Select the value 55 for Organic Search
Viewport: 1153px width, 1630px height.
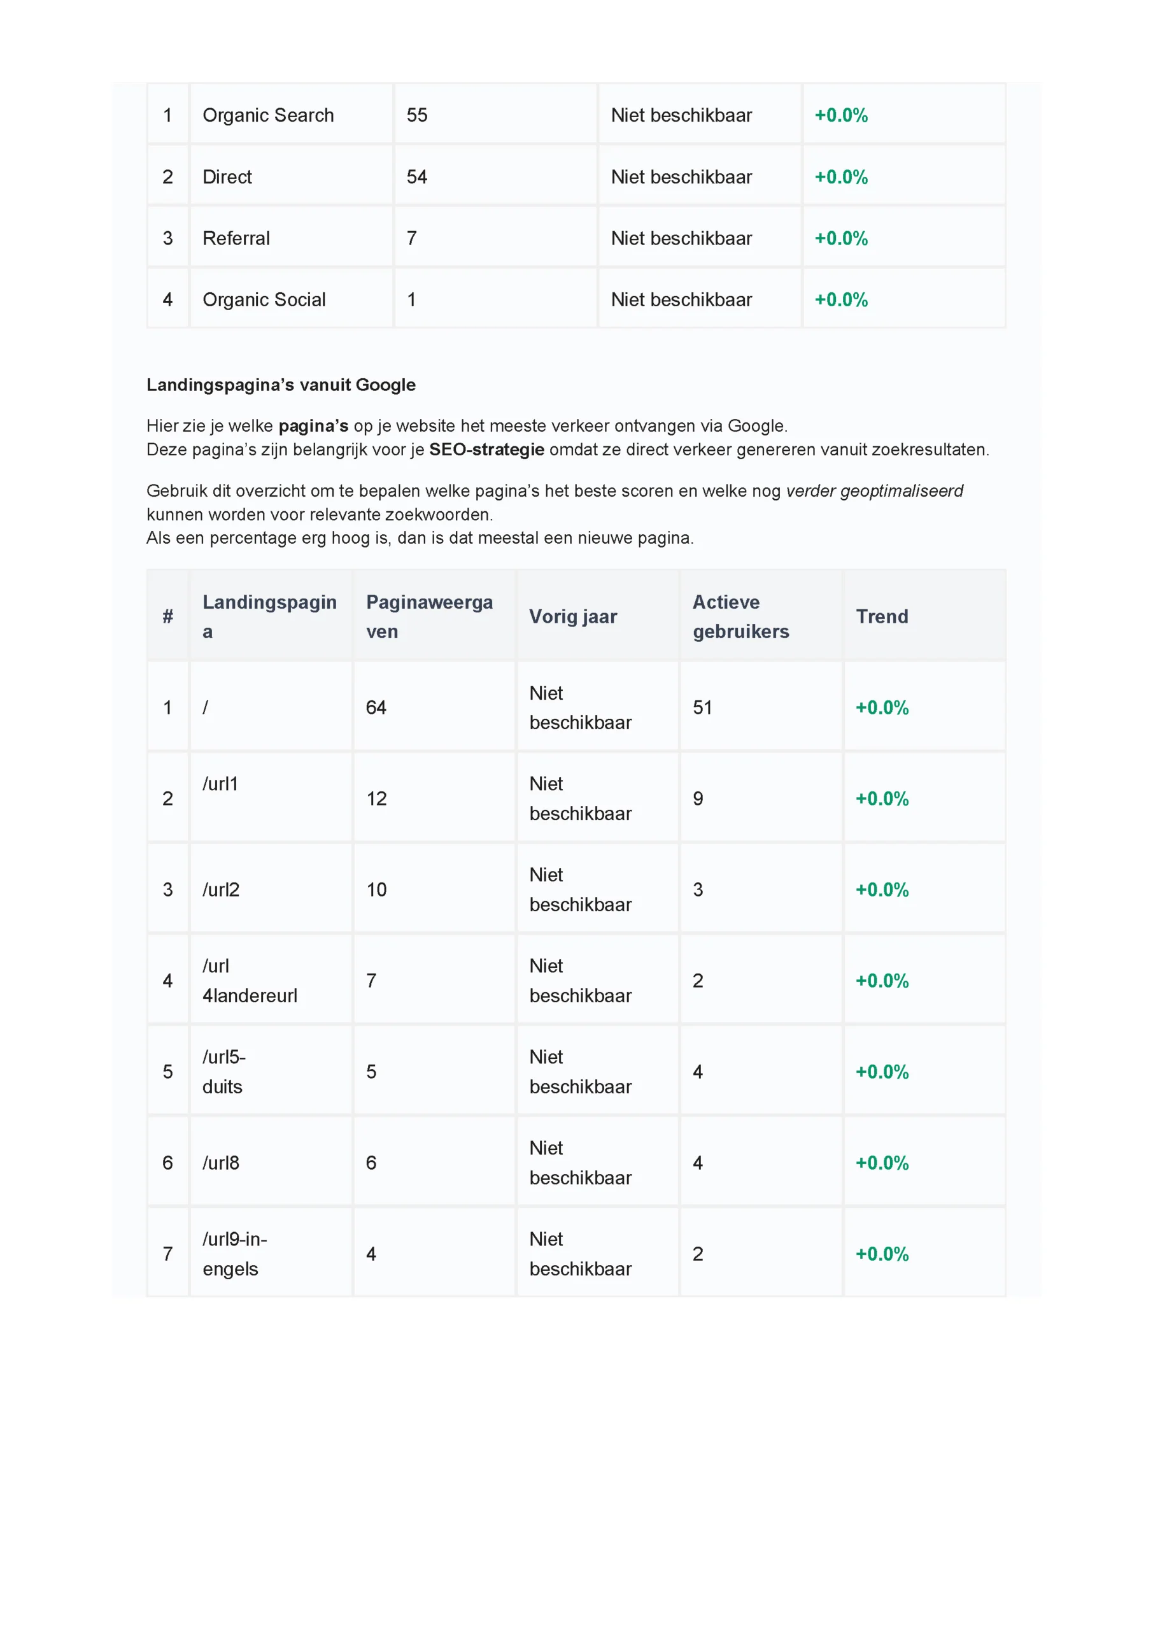417,115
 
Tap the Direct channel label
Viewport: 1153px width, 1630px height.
227,177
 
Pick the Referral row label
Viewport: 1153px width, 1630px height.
236,239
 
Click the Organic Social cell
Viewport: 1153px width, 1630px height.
264,300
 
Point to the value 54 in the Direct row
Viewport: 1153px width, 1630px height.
417,177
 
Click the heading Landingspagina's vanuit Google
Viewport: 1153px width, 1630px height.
281,385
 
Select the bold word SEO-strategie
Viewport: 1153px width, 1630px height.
486,450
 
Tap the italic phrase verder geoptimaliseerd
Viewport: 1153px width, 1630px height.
874,490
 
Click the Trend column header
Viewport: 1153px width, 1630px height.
882,616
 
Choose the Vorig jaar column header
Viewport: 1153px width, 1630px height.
573,616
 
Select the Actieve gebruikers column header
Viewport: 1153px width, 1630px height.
740,616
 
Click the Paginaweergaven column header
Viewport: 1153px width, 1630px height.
429,616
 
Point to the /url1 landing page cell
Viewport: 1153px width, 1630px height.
220,784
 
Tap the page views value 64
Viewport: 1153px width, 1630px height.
376,707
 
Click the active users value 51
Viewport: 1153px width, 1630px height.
702,707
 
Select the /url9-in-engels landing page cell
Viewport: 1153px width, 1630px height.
234,1254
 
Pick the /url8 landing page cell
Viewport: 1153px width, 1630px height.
221,1163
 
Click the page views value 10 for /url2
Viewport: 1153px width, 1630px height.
376,889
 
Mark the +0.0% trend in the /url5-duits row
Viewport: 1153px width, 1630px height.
882,1072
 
